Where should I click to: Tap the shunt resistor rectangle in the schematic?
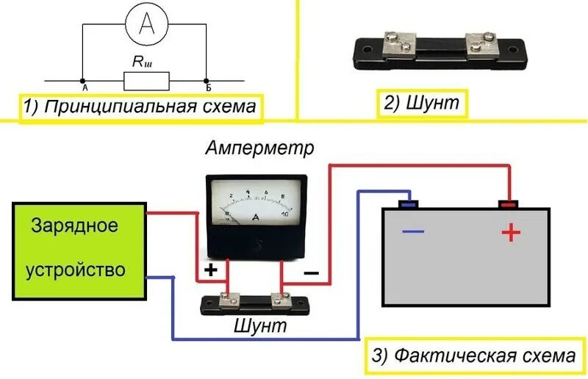click(147, 79)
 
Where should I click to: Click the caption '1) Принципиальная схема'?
click(140, 107)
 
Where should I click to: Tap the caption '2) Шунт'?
click(422, 102)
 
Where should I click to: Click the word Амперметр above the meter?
click(259, 148)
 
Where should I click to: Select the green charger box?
click(79, 250)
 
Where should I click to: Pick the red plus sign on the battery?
click(510, 234)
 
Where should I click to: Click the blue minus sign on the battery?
click(413, 231)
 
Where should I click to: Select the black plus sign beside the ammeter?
click(211, 270)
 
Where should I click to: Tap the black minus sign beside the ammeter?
click(312, 272)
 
